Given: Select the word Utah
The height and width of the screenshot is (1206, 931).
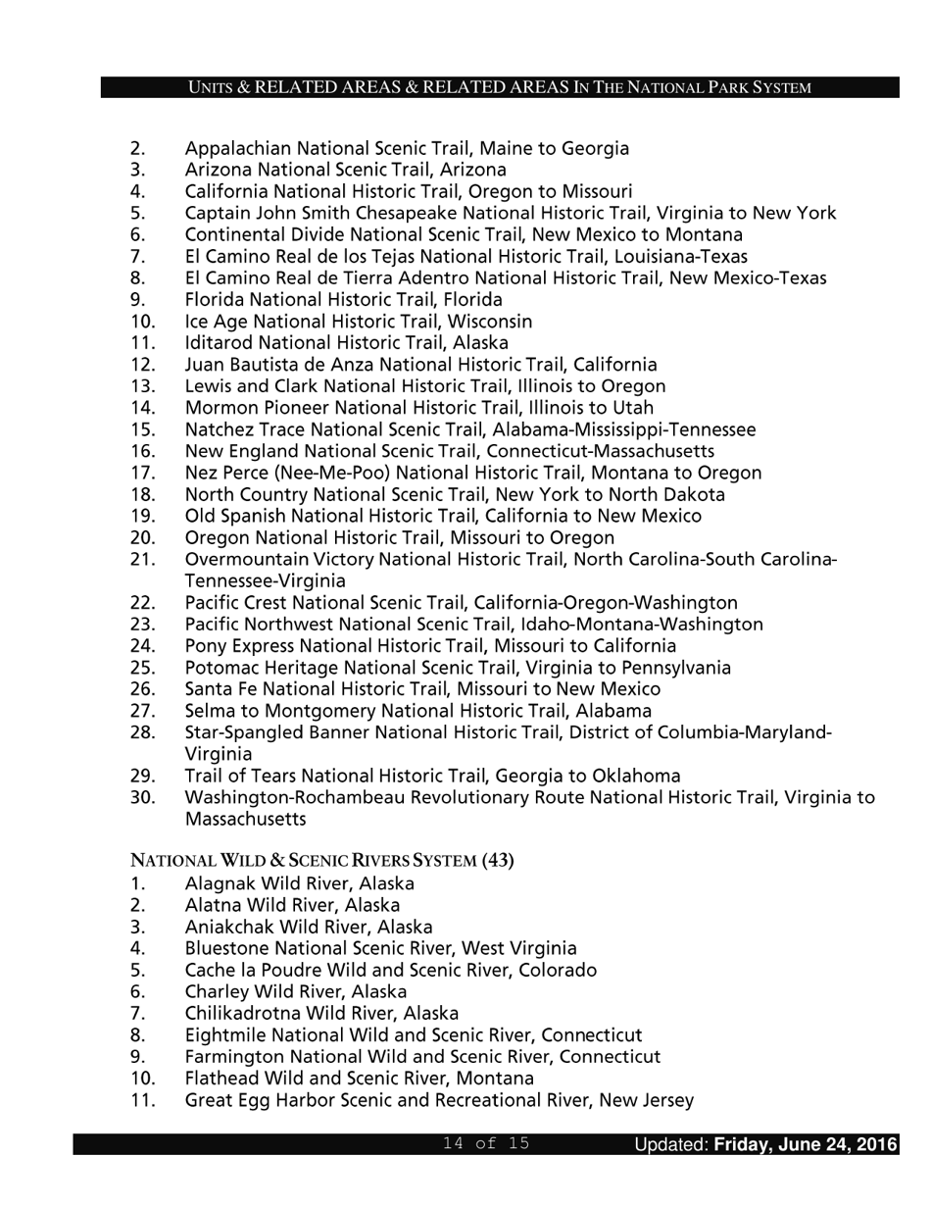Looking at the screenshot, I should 633,408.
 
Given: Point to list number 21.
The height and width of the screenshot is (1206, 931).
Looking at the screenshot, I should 142,559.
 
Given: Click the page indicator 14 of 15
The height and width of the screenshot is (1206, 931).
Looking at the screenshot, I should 486,1143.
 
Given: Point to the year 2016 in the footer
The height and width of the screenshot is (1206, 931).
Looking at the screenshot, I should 875,1144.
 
